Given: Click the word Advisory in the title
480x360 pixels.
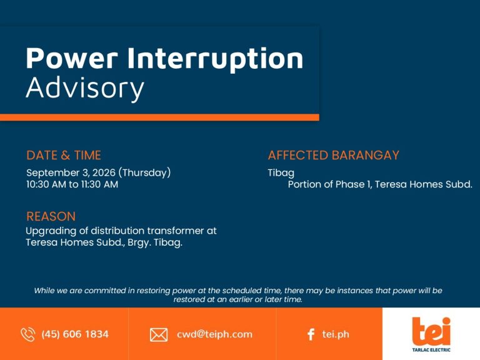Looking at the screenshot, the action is [x=85, y=88].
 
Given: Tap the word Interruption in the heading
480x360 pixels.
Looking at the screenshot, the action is [x=215, y=59].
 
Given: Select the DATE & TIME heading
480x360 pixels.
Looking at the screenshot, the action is [x=64, y=155].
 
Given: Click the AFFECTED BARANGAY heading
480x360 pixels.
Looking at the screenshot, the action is [x=333, y=155].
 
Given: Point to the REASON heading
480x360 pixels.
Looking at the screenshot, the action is [x=51, y=216].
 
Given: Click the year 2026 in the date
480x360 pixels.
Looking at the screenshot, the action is [x=104, y=172].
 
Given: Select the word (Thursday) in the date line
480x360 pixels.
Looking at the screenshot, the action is [x=144, y=172].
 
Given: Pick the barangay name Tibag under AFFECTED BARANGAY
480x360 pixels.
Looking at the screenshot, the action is [x=281, y=173].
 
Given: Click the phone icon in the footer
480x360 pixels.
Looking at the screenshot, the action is [x=28, y=334].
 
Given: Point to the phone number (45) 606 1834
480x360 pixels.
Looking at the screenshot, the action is [x=75, y=334].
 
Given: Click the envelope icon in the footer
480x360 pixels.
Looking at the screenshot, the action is [x=159, y=334].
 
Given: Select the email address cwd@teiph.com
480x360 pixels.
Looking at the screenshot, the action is [x=214, y=334].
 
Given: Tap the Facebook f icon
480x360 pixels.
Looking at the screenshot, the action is [x=311, y=334].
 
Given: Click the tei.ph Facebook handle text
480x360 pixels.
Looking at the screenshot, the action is [x=336, y=334].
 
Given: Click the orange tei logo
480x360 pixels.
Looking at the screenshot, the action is [x=431, y=331].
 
